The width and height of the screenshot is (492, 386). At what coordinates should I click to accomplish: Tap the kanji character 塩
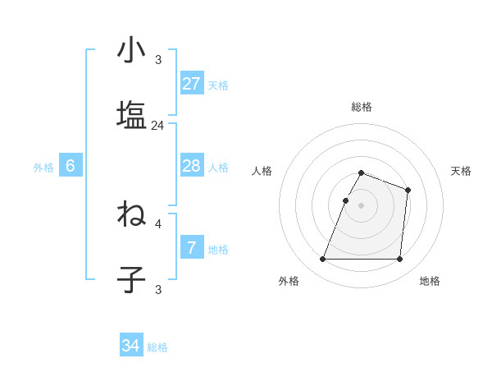pos(132,114)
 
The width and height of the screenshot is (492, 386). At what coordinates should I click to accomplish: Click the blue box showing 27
pos(192,84)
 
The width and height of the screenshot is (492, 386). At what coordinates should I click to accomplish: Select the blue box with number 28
pos(192,167)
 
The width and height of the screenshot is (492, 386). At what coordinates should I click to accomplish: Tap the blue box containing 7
pos(192,247)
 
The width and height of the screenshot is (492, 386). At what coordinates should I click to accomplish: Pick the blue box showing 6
pos(71,167)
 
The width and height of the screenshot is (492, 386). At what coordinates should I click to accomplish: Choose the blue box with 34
pos(131,347)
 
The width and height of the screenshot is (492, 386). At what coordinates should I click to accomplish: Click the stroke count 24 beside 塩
pos(158,126)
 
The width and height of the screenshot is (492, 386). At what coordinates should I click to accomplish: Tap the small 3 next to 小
pos(158,59)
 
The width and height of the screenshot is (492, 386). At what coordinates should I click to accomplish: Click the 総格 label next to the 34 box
pos(158,347)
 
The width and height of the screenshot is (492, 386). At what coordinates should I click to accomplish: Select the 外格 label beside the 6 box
pos(43,168)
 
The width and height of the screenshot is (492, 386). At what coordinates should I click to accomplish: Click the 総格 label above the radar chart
pos(362,107)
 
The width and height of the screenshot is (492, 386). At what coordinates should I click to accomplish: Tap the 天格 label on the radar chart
pos(462,171)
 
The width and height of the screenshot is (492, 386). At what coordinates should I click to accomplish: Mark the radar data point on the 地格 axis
pos(399,260)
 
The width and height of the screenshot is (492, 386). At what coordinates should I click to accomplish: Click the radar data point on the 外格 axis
pos(323,260)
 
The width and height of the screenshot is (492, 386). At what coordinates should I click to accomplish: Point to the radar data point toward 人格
pos(346,200)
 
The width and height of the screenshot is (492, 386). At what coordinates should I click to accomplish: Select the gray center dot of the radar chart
pos(362,205)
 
